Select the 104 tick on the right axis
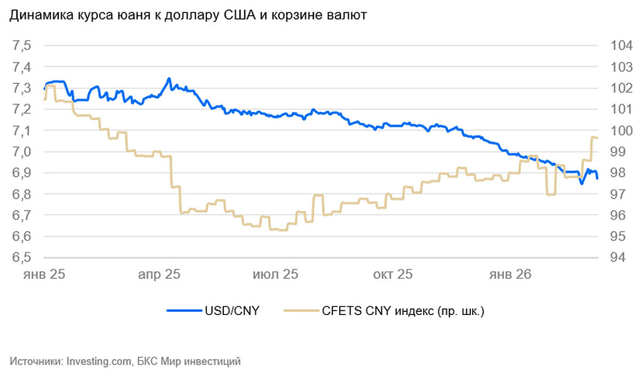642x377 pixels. tap(614, 46)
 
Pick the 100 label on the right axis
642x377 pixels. tap(614, 130)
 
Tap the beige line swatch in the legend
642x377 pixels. tap(300, 311)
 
